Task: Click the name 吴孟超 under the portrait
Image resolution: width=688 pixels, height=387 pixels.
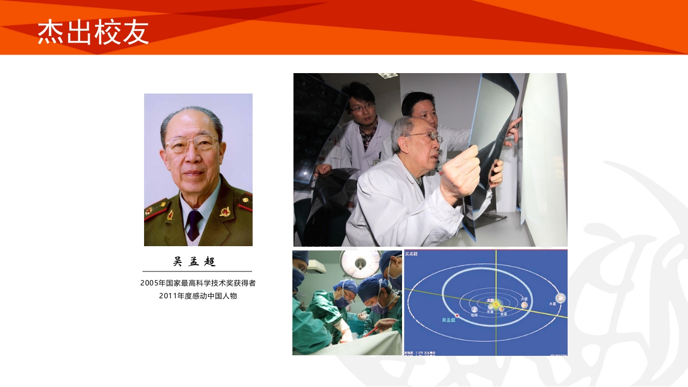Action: click(195, 262)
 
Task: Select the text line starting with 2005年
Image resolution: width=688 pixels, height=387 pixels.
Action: click(198, 283)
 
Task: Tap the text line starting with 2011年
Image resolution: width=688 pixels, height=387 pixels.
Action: click(198, 296)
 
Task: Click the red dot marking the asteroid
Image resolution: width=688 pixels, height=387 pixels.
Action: click(457, 315)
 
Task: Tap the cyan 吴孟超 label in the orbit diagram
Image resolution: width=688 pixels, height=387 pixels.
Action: click(448, 320)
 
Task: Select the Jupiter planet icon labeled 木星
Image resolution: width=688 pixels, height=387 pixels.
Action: click(561, 298)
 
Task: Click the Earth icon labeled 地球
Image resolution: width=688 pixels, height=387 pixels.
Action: click(474, 310)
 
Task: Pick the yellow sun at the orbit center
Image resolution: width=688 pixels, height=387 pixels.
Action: click(496, 304)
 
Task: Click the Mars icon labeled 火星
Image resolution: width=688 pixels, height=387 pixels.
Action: click(524, 305)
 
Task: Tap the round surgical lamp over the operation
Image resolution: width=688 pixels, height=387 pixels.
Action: click(360, 261)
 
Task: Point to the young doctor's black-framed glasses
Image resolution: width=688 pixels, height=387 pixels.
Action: click(362, 108)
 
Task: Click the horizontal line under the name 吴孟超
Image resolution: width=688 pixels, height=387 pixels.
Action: click(197, 271)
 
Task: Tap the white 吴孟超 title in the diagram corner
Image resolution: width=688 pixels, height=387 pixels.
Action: click(412, 254)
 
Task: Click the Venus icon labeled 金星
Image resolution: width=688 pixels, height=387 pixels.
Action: click(501, 309)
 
